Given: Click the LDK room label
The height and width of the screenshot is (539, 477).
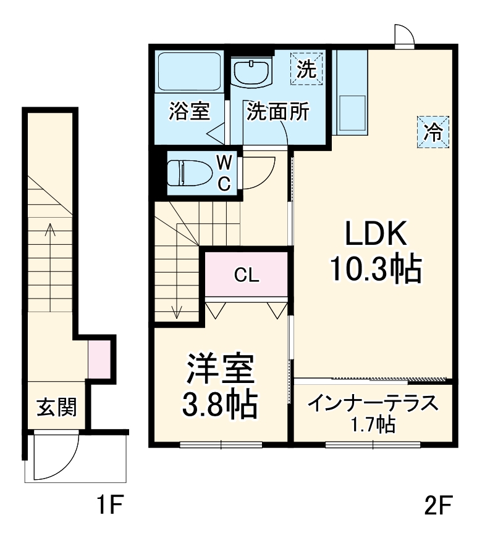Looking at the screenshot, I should (x=376, y=236).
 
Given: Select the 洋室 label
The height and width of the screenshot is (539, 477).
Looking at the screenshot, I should (x=219, y=371).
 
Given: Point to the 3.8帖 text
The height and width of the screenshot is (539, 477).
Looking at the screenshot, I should (x=219, y=404).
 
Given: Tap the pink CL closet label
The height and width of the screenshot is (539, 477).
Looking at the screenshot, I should (x=246, y=275).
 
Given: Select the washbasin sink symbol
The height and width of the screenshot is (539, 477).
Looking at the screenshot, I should (x=252, y=73).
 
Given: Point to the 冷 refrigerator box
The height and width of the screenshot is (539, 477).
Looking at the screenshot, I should (x=433, y=131).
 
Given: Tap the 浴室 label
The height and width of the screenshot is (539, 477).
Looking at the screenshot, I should (x=189, y=112).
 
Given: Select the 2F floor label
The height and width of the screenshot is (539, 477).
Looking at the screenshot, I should (x=438, y=507).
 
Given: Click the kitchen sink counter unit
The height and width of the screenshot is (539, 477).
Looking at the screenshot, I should (x=351, y=93).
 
